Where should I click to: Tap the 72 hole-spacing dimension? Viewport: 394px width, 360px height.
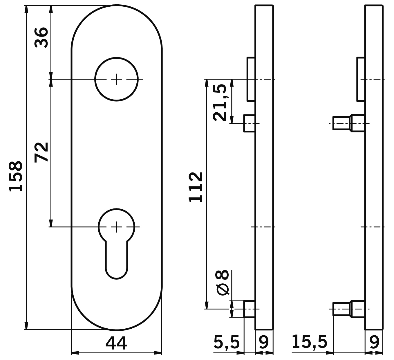point(41,152)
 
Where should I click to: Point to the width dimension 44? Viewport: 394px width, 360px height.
point(116,343)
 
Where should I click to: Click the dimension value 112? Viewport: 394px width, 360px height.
point(196,187)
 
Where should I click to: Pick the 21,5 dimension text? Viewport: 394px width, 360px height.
point(220,102)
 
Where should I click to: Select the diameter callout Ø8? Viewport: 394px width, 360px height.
point(223,282)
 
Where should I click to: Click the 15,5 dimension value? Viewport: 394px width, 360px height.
point(310,342)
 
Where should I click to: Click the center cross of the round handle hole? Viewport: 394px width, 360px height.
point(116,79)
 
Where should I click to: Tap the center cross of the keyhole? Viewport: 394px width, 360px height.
point(116,227)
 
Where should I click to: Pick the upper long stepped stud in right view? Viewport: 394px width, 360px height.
point(348,123)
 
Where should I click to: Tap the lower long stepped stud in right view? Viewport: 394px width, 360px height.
point(348,309)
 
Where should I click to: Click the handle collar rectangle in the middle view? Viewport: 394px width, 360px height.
point(251,79)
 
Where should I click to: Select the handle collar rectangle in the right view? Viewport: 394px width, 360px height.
point(361,79)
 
